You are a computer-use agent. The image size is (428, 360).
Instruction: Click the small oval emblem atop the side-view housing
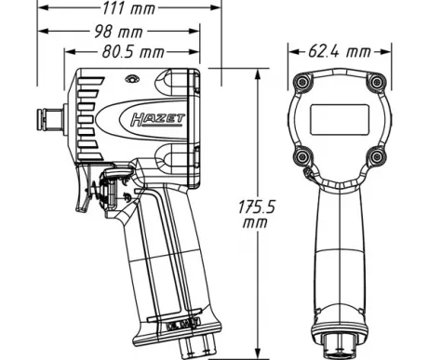pos(132,79)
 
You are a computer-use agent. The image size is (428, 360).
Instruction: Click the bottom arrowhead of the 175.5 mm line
pos(258,353)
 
